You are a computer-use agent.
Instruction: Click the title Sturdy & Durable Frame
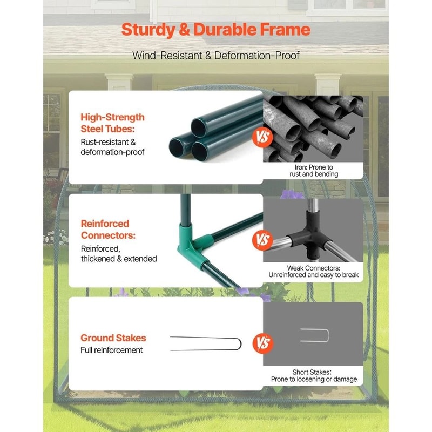pos(215,29)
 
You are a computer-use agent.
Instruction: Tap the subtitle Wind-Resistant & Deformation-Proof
pos(216,55)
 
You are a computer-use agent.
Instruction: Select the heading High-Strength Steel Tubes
pos(112,123)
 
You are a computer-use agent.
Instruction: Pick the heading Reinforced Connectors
pos(105,230)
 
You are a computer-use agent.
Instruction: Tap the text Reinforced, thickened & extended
pos(119,254)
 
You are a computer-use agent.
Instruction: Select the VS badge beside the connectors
pos(263,239)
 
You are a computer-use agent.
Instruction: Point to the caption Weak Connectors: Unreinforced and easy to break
pos(313,272)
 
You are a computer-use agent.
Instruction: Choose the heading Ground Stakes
pos(113,338)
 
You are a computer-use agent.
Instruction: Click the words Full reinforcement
pos(112,350)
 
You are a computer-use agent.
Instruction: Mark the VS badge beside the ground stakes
pos(263,343)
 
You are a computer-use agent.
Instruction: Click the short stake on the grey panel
pos(315,335)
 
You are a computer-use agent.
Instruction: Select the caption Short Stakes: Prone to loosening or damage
pos(313,376)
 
